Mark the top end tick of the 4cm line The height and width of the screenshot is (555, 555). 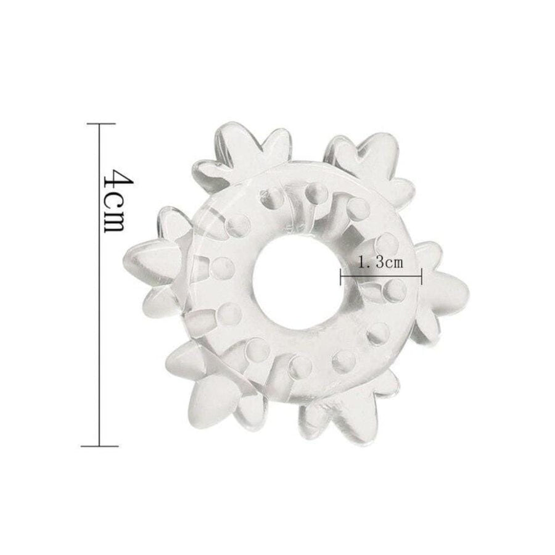pyautogui.click(x=101, y=123)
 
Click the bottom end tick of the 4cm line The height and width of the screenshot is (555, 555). pyautogui.click(x=99, y=446)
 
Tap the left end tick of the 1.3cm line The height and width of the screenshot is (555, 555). pyautogui.click(x=340, y=276)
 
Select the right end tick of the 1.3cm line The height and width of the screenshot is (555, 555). pyautogui.click(x=421, y=276)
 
